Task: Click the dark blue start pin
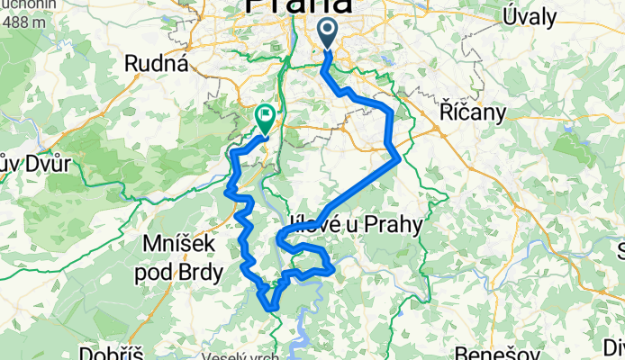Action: pyautogui.click(x=326, y=33)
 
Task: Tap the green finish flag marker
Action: pyautogui.click(x=266, y=116)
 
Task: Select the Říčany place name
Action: pyautogui.click(x=473, y=111)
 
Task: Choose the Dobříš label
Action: pyautogui.click(x=111, y=352)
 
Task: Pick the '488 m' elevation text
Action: pyautogui.click(x=25, y=22)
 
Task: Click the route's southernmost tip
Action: pyautogui.click(x=271, y=309)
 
